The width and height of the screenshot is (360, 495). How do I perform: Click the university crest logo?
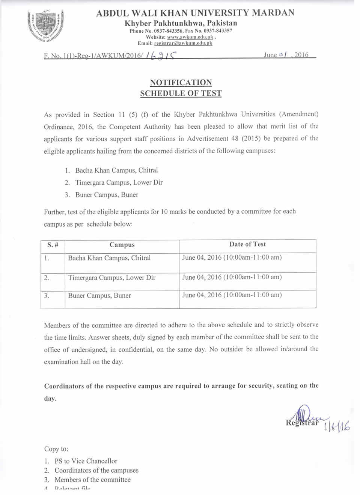[x=45, y=26]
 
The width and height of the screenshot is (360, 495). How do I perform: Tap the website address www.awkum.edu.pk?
[x=190, y=37]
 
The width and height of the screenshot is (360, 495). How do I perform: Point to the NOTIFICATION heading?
[x=181, y=83]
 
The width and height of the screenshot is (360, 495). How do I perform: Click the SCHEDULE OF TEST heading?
[x=181, y=93]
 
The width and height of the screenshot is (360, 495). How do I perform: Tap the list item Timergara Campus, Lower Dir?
[x=119, y=183]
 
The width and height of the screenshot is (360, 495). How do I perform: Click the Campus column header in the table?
[x=122, y=245]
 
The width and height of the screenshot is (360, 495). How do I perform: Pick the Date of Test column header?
[x=247, y=244]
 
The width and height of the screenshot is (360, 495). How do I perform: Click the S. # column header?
[x=53, y=245]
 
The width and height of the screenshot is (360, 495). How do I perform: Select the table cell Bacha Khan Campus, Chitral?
[x=109, y=258]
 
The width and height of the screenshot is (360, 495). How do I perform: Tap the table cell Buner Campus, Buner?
[x=99, y=296]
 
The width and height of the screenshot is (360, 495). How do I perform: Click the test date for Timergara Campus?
[x=232, y=277]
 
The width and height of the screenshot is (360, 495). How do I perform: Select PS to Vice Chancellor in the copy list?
[x=86, y=461]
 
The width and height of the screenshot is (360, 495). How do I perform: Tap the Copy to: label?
[x=56, y=449]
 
